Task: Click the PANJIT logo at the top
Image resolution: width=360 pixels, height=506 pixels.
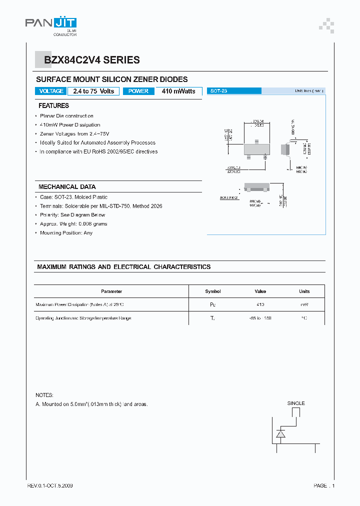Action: coord(51,23)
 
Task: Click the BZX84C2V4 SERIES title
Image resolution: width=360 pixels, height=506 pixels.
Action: coord(92,60)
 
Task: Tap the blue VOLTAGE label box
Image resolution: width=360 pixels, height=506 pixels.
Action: coord(51,91)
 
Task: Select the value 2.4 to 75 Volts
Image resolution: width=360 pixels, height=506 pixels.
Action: coord(93,91)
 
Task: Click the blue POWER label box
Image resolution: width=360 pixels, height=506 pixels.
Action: coord(138,91)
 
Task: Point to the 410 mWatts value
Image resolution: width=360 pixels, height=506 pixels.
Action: coord(178,91)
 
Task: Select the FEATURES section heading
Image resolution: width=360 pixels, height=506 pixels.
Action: coord(53,106)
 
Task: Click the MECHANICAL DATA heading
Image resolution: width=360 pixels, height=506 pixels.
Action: coord(65,187)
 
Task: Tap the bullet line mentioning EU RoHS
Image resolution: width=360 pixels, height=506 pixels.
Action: coord(98,151)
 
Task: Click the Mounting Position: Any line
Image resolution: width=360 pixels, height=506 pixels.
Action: coord(66,233)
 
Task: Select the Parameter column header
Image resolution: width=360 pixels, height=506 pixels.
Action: coord(111,291)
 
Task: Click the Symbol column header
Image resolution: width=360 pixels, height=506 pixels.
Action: coord(213,291)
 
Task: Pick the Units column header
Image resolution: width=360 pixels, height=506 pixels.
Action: coord(304,291)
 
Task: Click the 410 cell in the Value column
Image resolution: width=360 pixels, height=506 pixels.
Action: coord(260,304)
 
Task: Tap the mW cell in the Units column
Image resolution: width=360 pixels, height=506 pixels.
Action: coord(304,304)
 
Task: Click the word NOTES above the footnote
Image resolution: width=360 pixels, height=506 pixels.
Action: coord(44,395)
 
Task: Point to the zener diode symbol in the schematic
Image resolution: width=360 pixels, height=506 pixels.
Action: coord(280,433)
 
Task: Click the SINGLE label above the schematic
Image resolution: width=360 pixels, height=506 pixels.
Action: coord(295,403)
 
